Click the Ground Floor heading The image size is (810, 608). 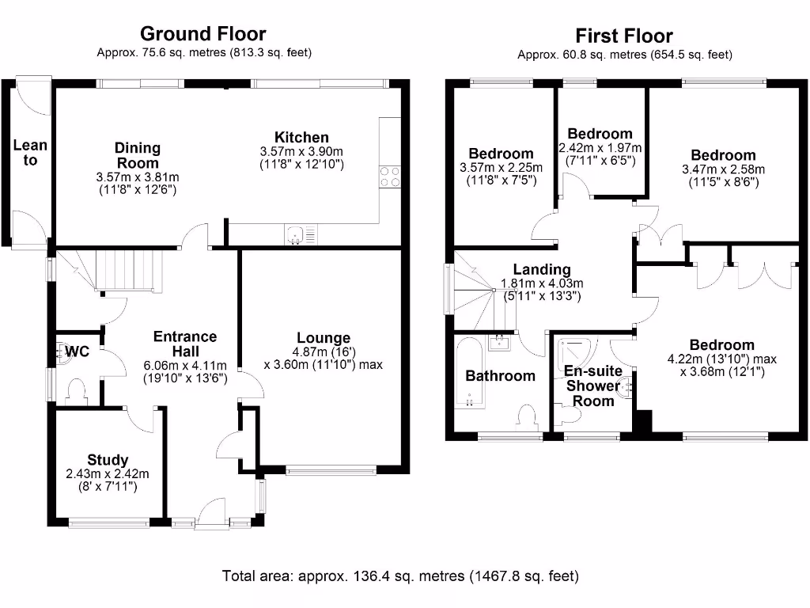(203, 33)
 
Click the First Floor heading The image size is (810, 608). (624, 36)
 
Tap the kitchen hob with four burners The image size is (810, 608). (389, 176)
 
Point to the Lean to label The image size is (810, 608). (30, 152)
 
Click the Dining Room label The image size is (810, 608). (138, 154)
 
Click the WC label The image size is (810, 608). (77, 351)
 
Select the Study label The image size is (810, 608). (108, 460)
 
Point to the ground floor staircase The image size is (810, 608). (127, 268)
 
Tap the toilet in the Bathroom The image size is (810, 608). (526, 416)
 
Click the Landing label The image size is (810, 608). (542, 269)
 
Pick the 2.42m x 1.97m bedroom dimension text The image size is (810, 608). (600, 147)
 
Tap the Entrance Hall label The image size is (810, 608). (186, 344)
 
